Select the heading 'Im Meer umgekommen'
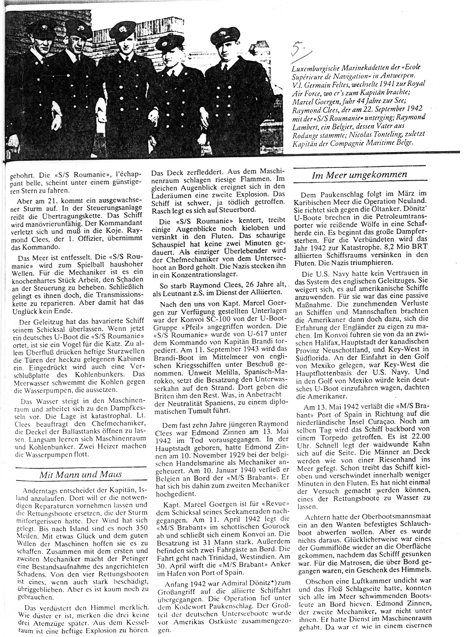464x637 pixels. (x=359, y=175)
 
